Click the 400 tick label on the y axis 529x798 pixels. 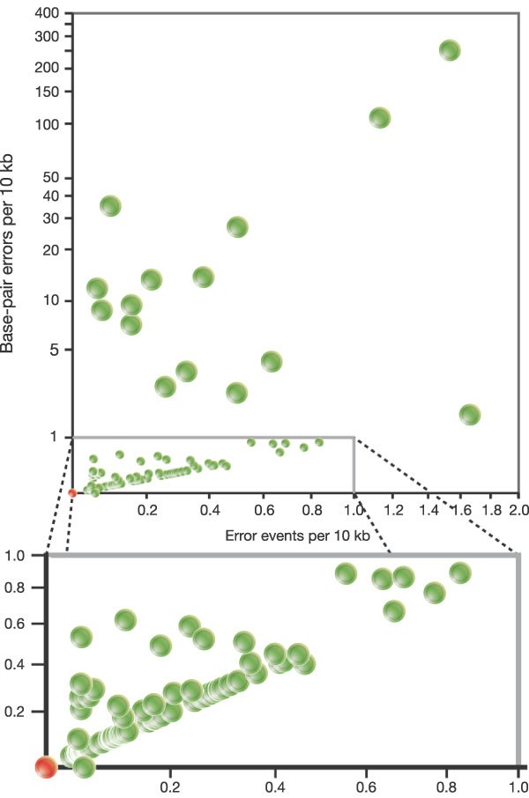point(48,15)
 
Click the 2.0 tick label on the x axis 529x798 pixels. point(517,509)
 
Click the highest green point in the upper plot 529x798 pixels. point(450,50)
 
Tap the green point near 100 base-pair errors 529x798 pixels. point(380,117)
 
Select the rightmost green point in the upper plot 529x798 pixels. point(470,414)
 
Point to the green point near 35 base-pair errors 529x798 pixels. point(110,206)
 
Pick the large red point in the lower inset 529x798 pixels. point(46,767)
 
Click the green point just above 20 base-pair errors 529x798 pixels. point(237,226)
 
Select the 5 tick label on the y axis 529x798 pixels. point(55,350)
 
